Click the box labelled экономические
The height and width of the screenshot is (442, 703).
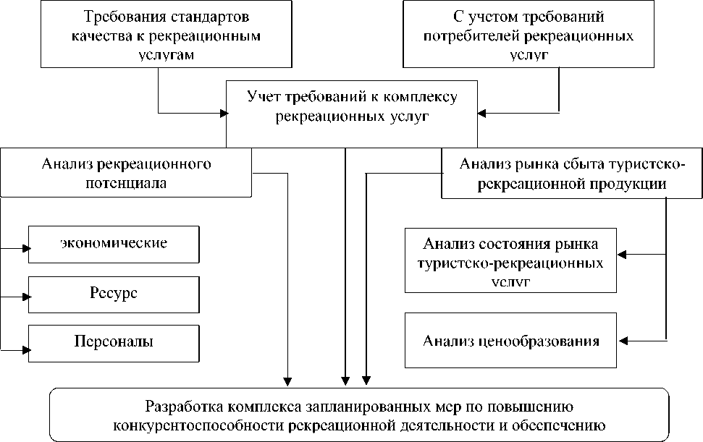pos(114,243)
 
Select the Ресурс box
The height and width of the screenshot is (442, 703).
pos(114,294)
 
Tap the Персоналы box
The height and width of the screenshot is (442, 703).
pos(114,342)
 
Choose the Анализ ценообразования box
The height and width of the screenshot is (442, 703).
pos(512,341)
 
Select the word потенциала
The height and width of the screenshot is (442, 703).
pos(127,183)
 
